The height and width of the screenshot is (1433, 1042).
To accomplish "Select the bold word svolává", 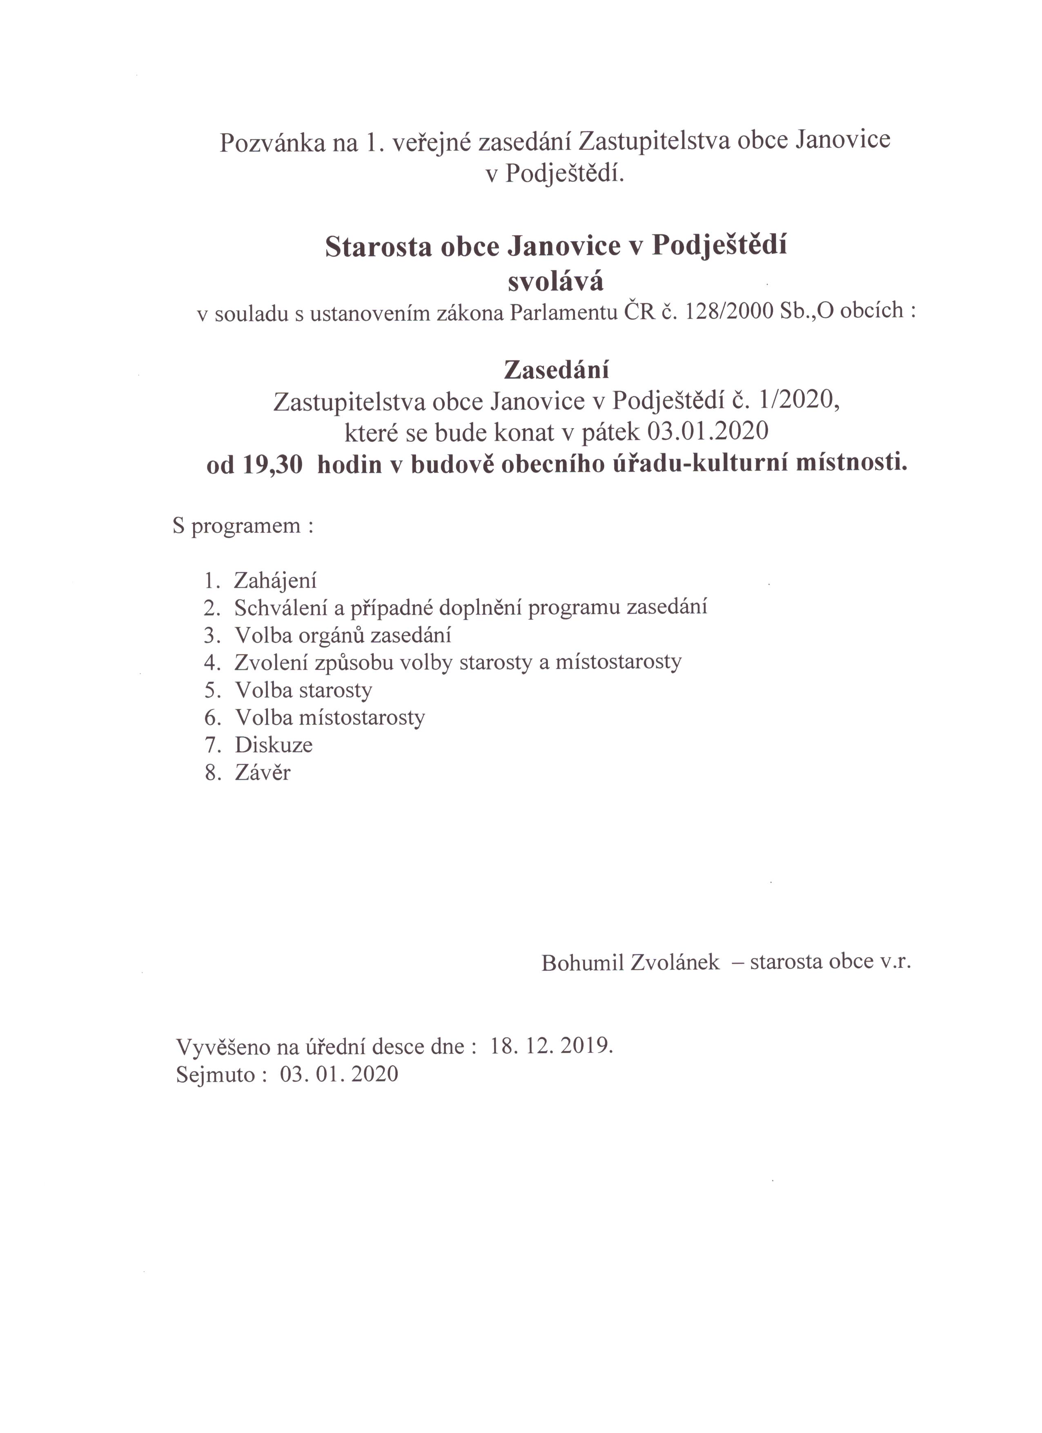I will click(555, 282).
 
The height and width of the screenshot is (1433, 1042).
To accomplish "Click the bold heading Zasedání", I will click(556, 369).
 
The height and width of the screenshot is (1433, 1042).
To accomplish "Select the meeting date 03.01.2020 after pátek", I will click(708, 432).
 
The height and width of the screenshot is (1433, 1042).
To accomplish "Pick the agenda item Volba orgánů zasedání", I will click(343, 635).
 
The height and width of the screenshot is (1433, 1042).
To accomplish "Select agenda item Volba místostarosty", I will click(330, 718).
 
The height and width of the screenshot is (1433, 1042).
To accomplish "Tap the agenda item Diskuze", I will click(274, 745).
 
